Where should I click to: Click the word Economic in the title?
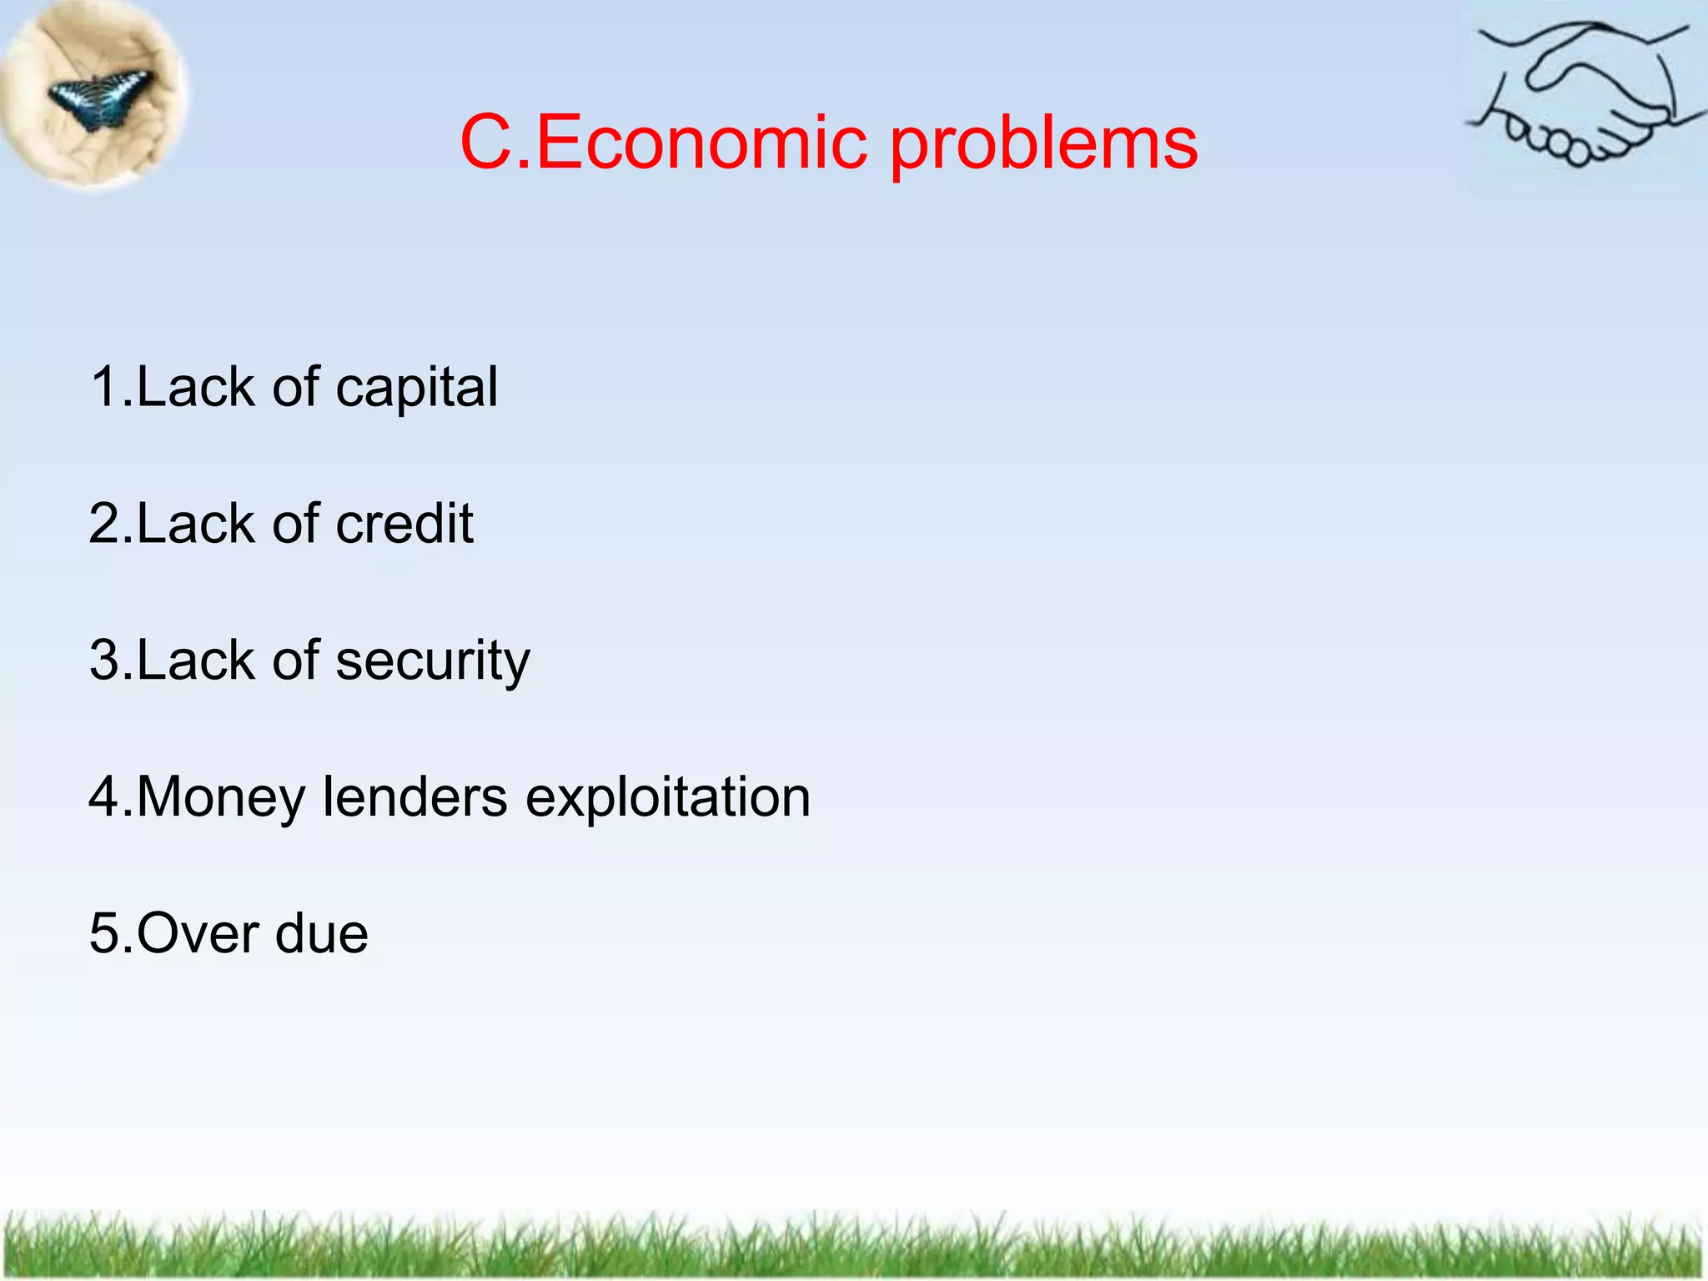click(x=701, y=143)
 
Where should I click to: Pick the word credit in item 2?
click(x=404, y=524)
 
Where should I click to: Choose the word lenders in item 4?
click(x=414, y=796)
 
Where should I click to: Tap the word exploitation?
click(x=667, y=798)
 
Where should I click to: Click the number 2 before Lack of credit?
click(x=105, y=524)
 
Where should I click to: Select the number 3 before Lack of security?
click(x=105, y=661)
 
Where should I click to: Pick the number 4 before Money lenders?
click(x=105, y=796)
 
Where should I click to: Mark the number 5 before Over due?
click(x=105, y=933)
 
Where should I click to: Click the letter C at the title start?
click(x=487, y=143)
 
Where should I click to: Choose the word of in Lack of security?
click(x=296, y=660)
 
